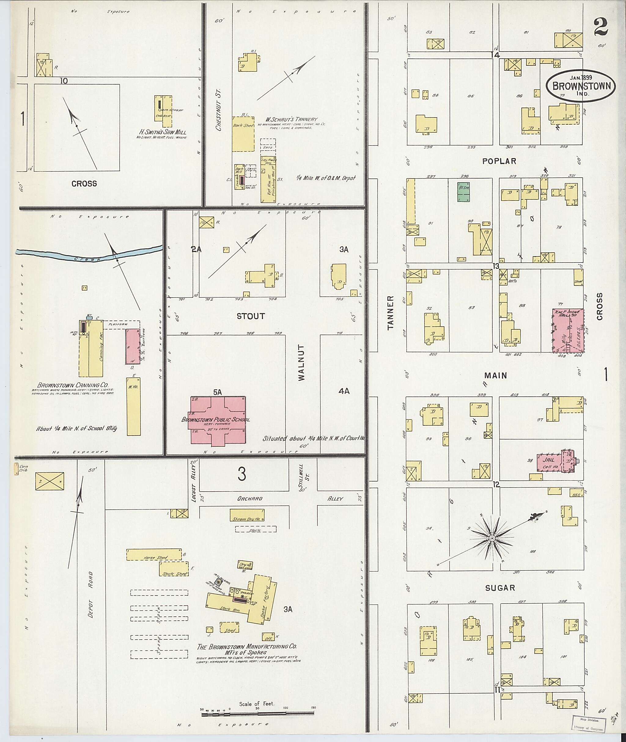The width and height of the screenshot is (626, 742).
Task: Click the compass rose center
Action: point(492,539)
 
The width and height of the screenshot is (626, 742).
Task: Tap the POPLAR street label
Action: point(499,161)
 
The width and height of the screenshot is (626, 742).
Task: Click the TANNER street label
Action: point(391,313)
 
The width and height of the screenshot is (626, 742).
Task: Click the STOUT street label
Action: point(251,316)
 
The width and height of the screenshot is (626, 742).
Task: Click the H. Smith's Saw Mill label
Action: point(162,132)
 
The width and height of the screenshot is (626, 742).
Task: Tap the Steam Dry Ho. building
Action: point(247,515)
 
